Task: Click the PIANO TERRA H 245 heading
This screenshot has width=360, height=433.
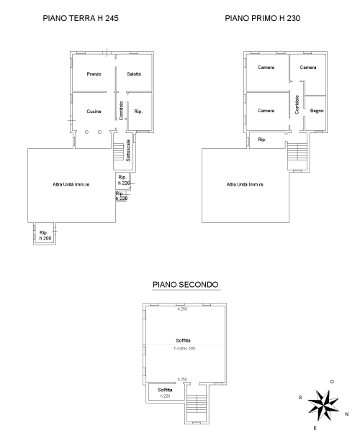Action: (81, 18)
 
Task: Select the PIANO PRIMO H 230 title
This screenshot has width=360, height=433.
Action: (262, 18)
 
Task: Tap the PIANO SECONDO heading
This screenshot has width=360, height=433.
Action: (186, 284)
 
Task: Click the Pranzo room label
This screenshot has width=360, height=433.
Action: (94, 74)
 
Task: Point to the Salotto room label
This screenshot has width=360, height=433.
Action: (134, 74)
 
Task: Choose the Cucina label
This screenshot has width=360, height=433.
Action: (94, 111)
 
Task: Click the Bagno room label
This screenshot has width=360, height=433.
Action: (317, 111)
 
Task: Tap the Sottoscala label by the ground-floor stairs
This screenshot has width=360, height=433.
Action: (128, 150)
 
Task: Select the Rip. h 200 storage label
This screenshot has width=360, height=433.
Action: (45, 235)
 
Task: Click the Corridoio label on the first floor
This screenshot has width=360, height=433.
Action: (297, 105)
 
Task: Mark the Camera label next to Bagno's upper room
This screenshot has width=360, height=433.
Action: (308, 68)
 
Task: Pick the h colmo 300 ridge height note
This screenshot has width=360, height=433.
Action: (184, 349)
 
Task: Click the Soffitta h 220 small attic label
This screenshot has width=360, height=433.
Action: (165, 393)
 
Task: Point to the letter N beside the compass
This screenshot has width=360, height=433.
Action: (347, 414)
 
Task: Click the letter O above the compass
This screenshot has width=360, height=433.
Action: (332, 382)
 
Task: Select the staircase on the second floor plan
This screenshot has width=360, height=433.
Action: (197, 404)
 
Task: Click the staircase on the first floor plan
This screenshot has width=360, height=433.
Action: (297, 152)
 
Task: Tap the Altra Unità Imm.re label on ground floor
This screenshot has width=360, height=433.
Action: (71, 184)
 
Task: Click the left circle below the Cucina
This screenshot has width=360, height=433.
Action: (86, 132)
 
